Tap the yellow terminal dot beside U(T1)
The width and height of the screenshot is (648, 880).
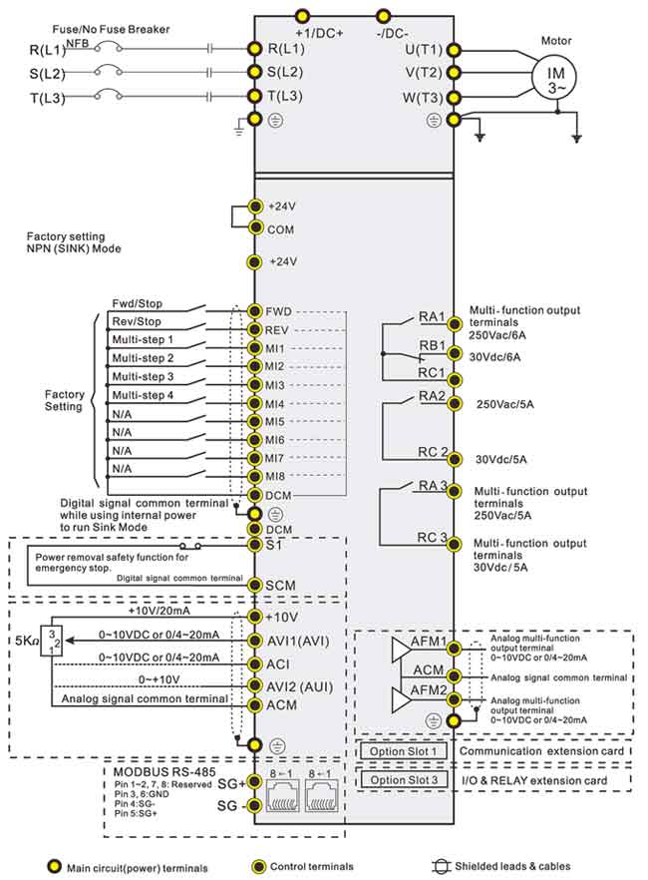tap(453, 51)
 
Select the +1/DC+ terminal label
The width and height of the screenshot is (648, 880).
tap(319, 33)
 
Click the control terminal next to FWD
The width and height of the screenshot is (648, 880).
tap(255, 311)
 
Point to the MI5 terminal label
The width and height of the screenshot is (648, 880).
tap(275, 421)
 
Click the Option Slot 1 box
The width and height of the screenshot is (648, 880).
tap(403, 751)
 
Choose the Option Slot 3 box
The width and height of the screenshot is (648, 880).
tap(404, 779)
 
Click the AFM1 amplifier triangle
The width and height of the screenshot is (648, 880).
tap(402, 650)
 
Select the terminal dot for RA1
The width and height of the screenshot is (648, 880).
tap(454, 324)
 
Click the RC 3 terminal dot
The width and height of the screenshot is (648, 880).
tap(454, 544)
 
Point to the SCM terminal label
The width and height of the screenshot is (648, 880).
tap(280, 586)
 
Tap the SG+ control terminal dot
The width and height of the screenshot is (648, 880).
tap(255, 781)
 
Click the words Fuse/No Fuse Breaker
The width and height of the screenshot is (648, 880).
tap(111, 29)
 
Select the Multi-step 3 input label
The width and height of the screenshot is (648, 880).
tap(143, 376)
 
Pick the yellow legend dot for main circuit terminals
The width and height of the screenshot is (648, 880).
tap(54, 866)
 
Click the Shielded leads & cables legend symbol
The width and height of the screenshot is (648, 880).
tap(442, 866)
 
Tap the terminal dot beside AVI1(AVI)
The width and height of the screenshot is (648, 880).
tap(255, 641)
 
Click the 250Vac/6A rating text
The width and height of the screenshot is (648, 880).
tap(497, 335)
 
